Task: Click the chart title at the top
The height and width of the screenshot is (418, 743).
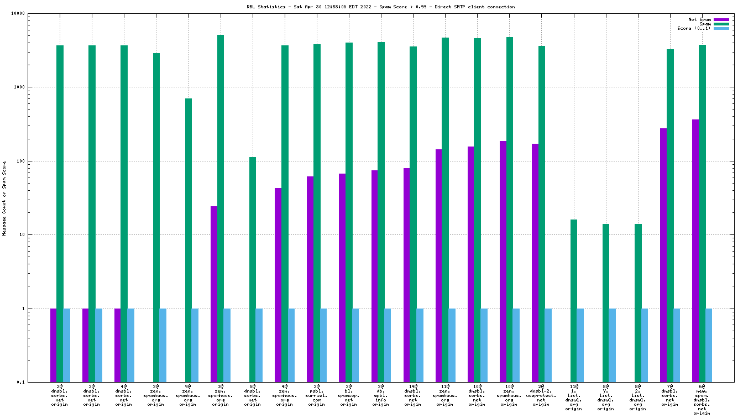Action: pos(380,7)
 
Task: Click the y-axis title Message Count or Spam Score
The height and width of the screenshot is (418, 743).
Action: pos(4,198)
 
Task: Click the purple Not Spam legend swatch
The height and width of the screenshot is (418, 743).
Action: pos(721,19)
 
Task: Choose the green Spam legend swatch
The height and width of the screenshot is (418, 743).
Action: pos(721,24)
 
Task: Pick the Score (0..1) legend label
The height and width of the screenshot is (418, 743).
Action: pos(694,28)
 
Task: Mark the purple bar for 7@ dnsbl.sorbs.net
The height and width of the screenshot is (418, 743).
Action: pos(663,255)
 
